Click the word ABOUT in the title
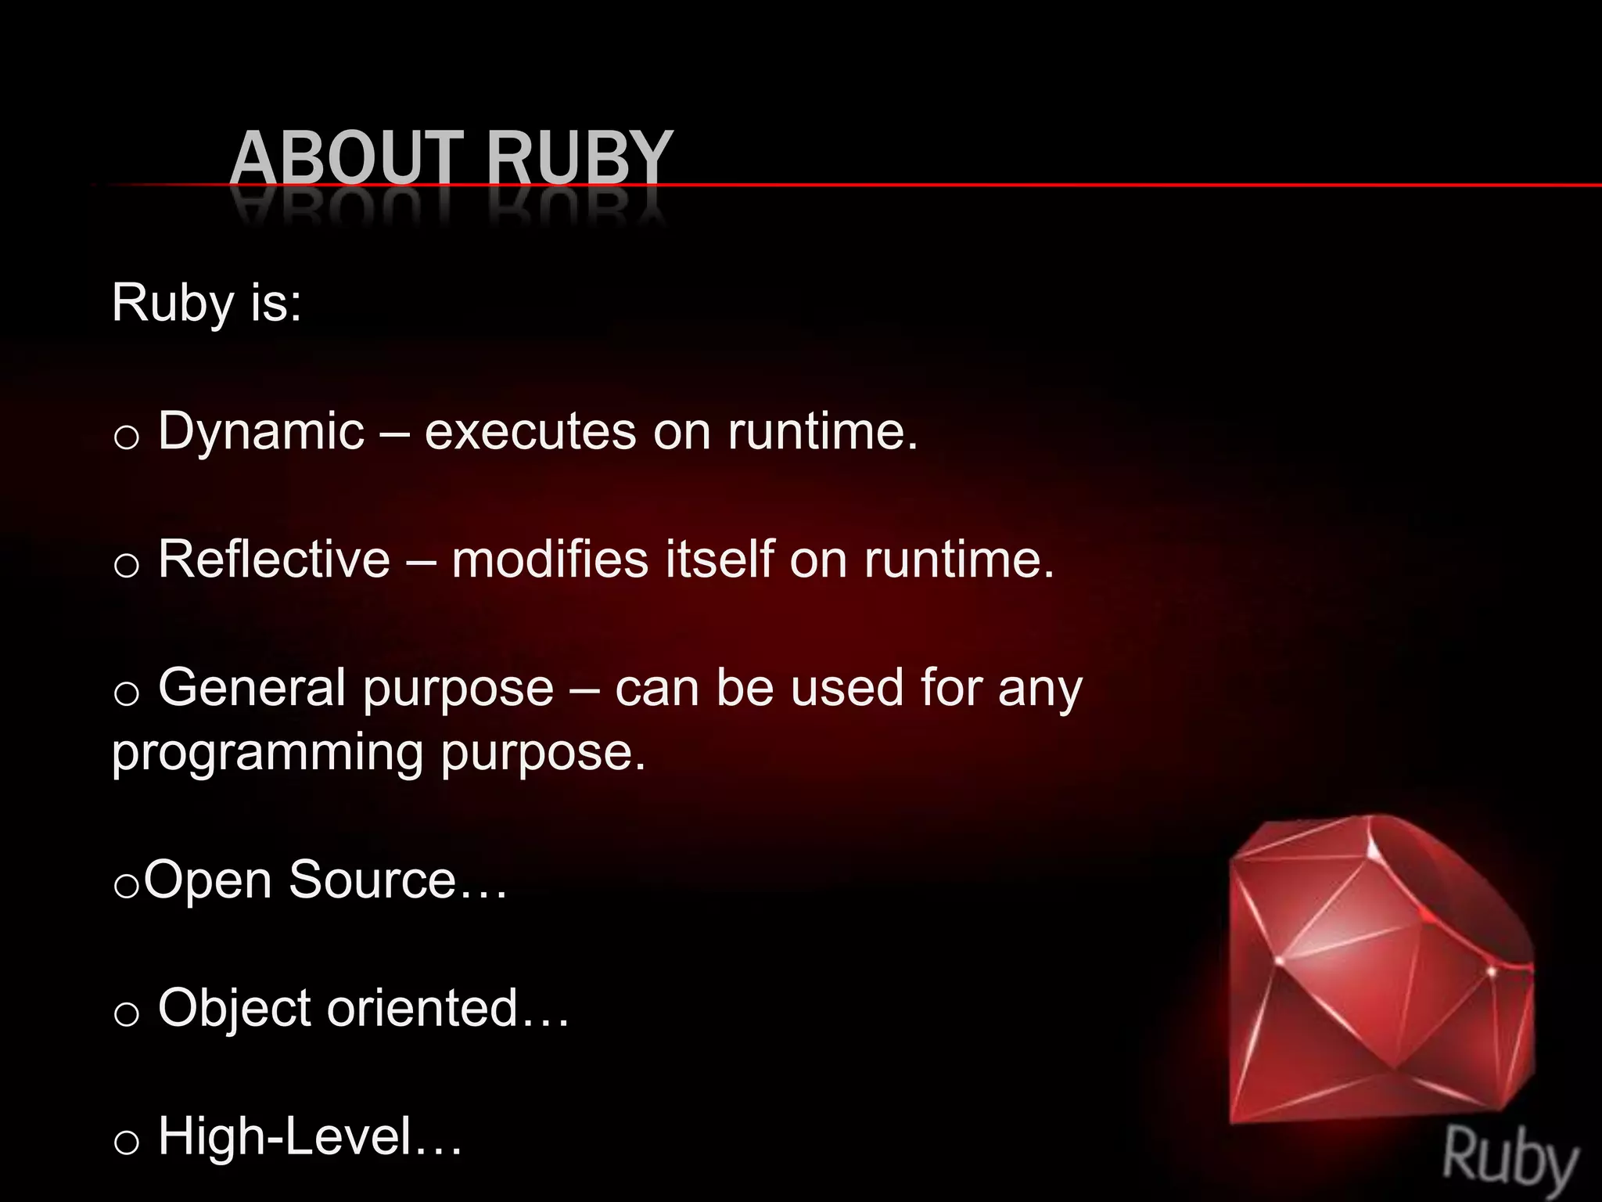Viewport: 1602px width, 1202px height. pos(347,159)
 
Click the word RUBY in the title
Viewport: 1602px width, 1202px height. pos(579,159)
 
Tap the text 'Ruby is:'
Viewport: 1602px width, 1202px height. pos(207,303)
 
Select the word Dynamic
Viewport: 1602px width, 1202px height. pos(261,432)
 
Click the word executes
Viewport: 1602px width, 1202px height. pos(530,432)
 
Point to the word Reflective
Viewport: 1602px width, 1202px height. pos(274,560)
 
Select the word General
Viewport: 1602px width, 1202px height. pos(252,688)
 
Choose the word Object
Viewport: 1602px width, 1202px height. pos(234,1008)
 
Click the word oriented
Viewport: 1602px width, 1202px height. pos(422,1008)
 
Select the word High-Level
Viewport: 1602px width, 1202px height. pos(285,1136)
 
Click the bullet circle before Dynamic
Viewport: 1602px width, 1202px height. pos(126,437)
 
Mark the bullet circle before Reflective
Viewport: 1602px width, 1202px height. pos(126,565)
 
